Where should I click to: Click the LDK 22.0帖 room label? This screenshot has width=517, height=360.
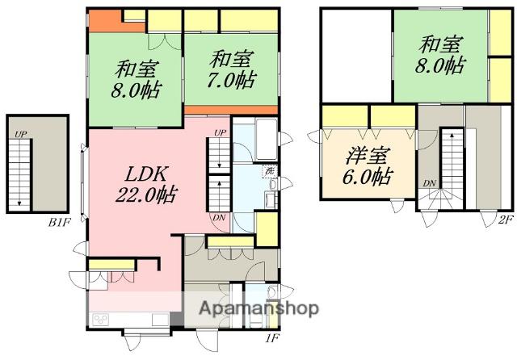click(146, 185)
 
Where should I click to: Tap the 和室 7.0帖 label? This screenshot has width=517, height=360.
click(232, 69)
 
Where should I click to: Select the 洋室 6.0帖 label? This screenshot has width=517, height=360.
click(368, 165)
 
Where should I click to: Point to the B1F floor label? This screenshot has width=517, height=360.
click(60, 222)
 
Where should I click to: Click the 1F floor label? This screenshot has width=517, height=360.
click(272, 337)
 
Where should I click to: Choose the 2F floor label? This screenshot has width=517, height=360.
click(506, 220)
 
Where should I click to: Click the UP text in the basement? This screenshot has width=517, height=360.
click(20, 134)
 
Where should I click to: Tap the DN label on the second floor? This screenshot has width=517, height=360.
click(430, 183)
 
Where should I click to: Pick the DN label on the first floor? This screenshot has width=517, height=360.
click(219, 217)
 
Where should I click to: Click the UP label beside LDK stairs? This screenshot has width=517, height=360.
click(220, 132)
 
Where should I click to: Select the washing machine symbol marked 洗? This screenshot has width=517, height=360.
click(270, 171)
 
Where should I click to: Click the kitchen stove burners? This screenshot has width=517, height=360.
click(100, 319)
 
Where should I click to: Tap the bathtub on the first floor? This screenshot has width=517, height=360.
click(267, 140)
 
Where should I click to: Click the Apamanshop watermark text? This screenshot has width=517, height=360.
click(258, 308)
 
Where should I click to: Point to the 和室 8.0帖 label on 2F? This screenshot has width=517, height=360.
click(440, 55)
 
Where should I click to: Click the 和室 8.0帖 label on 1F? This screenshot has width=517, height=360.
click(137, 79)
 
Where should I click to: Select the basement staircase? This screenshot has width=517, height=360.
click(19, 174)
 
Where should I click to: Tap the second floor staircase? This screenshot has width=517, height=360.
click(452, 169)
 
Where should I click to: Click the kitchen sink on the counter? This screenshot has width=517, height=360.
click(160, 320)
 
